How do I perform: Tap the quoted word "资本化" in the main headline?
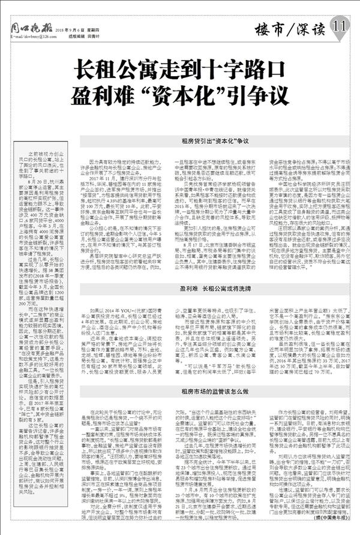click(x=199, y=97)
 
